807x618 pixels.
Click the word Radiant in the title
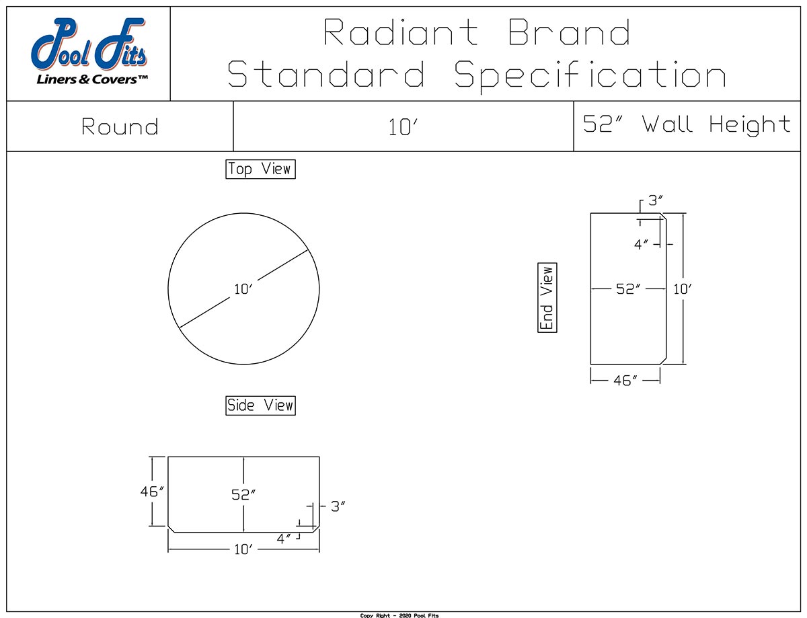[401, 32]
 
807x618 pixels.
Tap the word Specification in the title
[590, 75]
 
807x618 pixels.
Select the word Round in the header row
[120, 126]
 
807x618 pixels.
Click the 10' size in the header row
[403, 128]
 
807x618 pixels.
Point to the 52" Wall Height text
[687, 124]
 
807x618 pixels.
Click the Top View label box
[260, 169]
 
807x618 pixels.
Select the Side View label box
[260, 405]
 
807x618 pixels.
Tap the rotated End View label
[547, 297]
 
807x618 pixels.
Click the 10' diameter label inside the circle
[243, 290]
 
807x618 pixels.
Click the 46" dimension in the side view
[152, 492]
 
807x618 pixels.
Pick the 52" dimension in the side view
[243, 494]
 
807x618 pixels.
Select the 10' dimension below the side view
[243, 549]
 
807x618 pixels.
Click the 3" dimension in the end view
[655, 201]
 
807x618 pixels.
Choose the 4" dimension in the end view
[642, 245]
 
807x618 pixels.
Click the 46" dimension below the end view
[625, 381]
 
